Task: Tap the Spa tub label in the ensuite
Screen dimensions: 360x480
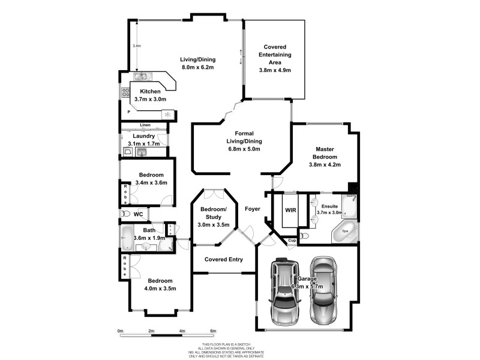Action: (345, 230)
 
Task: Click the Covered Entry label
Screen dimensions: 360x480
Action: (223, 259)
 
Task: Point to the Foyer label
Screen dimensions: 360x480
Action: (253, 209)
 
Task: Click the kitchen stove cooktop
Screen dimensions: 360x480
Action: (126, 92)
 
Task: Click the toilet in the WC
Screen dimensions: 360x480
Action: (125, 214)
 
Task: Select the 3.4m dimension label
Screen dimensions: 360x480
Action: (136, 46)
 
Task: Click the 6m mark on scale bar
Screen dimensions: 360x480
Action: (213, 331)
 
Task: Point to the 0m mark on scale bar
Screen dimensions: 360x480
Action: (120, 331)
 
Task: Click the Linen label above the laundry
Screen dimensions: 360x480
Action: (145, 125)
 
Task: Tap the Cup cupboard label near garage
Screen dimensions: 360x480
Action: (292, 241)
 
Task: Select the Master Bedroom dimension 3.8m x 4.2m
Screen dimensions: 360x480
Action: (324, 164)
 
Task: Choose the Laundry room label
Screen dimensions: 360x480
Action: (143, 136)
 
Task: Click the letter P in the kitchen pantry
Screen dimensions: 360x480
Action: (128, 112)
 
